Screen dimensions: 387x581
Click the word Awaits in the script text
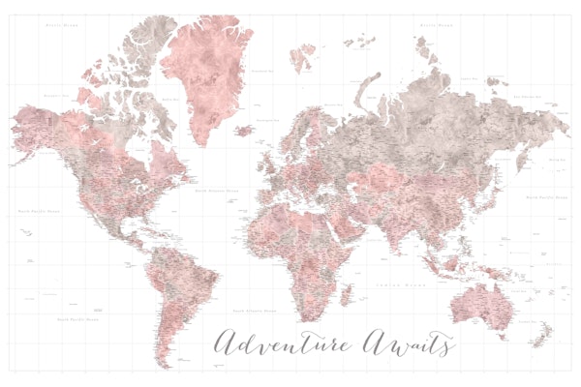tap(407, 342)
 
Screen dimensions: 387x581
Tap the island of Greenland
tap(203, 77)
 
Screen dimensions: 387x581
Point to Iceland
tap(245, 130)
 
